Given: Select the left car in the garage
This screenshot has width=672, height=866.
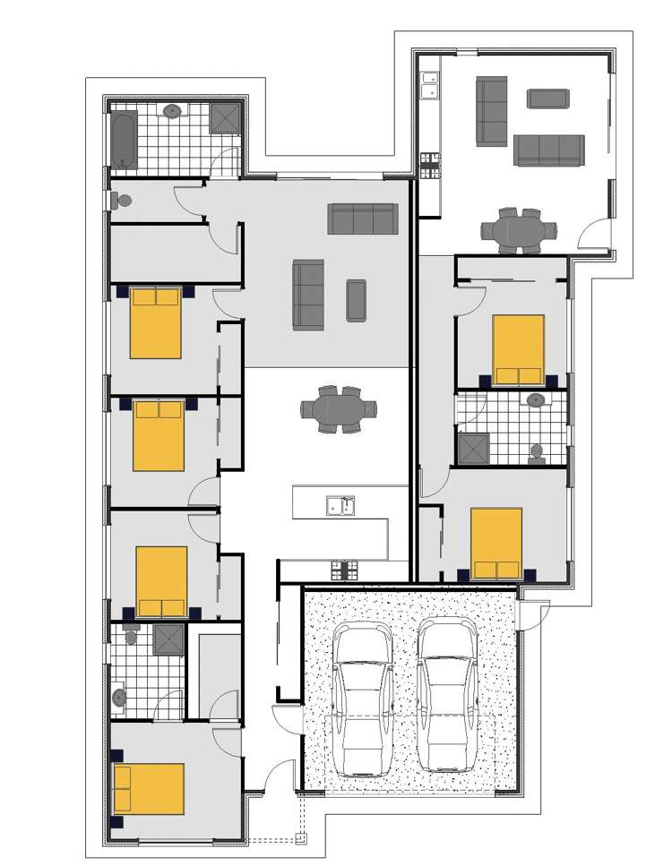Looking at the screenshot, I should click(x=362, y=700).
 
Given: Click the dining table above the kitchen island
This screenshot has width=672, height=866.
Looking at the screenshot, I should click(x=339, y=410).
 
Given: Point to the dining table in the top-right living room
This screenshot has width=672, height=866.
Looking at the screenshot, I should click(x=518, y=231).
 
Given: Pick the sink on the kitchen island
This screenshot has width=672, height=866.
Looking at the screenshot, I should click(x=340, y=507).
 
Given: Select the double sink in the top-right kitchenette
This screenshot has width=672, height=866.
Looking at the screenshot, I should click(x=430, y=84).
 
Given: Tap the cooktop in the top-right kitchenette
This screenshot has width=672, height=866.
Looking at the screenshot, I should click(x=431, y=164).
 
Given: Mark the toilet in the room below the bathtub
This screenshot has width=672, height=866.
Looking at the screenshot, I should click(x=123, y=200).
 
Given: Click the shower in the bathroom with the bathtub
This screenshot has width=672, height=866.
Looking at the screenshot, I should click(x=225, y=118).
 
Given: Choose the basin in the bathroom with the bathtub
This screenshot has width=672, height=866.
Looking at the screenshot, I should click(x=173, y=111).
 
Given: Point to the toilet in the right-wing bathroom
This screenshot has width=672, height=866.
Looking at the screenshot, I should click(x=538, y=453).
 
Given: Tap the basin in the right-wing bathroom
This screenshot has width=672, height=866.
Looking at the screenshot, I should click(x=537, y=399).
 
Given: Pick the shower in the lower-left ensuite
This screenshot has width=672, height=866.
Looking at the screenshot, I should click(x=168, y=640).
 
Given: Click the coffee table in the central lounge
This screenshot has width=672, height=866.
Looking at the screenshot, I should click(x=357, y=300).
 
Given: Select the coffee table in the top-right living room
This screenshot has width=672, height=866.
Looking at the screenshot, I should click(x=547, y=99).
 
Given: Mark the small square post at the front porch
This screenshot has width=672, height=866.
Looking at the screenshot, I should click(x=301, y=839).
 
